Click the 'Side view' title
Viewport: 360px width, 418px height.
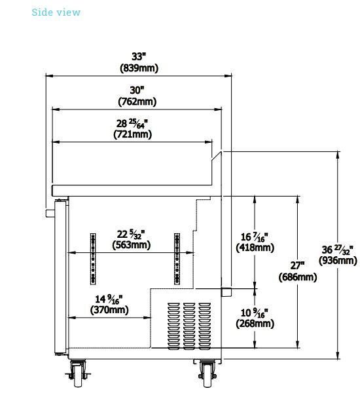(x=56, y=12)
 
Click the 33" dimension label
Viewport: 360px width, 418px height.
(x=139, y=56)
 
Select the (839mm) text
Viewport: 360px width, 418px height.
(x=139, y=68)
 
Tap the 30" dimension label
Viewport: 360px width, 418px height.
(x=137, y=90)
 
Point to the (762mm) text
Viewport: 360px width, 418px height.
(x=137, y=102)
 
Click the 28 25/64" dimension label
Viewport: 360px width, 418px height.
(x=132, y=123)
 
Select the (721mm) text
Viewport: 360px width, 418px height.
(x=133, y=134)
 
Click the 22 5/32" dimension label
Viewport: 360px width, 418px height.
(x=131, y=234)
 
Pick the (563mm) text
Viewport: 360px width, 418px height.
(x=132, y=245)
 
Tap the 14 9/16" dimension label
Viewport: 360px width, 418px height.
(x=109, y=299)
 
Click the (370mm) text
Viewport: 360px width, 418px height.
(x=109, y=310)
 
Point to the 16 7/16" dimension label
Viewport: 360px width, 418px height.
(x=254, y=237)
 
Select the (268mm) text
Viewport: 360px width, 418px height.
(x=255, y=324)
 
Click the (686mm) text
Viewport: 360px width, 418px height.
(x=298, y=277)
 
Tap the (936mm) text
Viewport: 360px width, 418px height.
(x=338, y=261)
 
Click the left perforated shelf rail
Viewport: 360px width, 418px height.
(x=93, y=259)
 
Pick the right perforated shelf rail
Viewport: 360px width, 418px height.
(x=177, y=259)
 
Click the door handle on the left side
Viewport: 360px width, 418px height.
(x=50, y=214)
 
